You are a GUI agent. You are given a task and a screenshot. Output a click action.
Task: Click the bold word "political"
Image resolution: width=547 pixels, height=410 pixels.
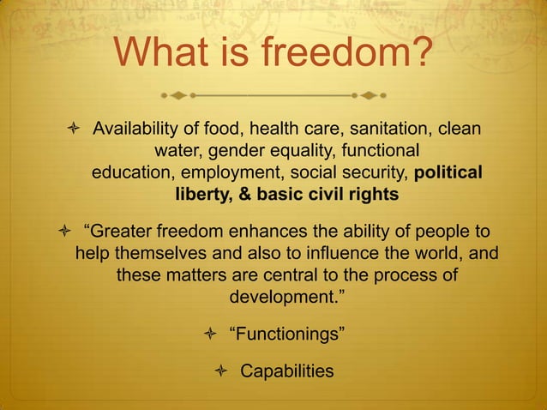coord(448,173)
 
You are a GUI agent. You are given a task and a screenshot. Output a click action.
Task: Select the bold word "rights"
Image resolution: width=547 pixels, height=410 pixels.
coord(371,195)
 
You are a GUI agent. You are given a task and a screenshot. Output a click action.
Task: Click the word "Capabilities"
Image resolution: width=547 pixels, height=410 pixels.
coord(286,371)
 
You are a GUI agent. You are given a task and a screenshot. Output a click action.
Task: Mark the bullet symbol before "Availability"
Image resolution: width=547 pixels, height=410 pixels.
coord(73,130)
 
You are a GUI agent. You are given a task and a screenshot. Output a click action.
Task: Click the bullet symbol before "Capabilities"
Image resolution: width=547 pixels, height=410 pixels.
coord(221,371)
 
